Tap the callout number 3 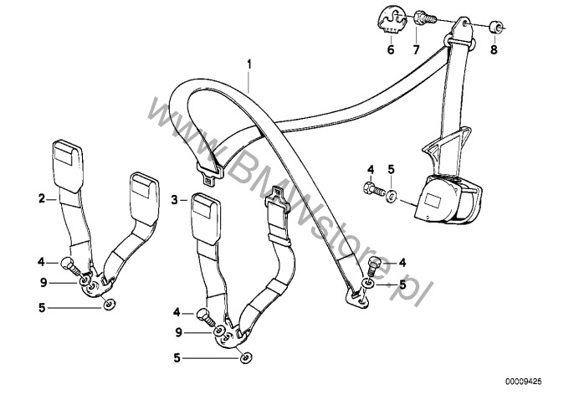175,201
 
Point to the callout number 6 389,49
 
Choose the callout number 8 494,50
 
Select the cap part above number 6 388,18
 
